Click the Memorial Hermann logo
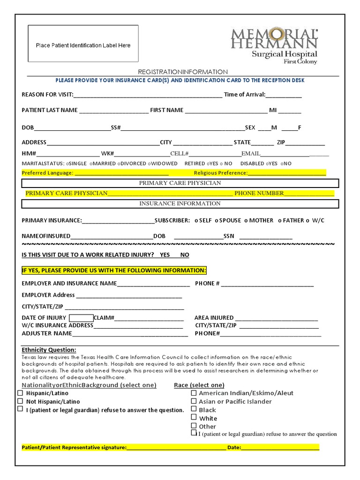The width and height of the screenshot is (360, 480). tap(274, 45)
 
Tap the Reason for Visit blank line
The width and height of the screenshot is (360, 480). tap(148, 95)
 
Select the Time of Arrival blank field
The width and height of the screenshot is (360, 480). tap(284, 95)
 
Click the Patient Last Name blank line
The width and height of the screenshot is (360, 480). tap(113, 111)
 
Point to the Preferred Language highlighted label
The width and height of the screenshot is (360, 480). tap(47, 173)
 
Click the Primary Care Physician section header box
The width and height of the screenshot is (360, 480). tap(180, 183)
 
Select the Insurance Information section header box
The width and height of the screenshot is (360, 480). tap(180, 203)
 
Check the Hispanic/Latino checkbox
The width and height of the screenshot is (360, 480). tap(20, 393)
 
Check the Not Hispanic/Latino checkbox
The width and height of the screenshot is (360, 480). tap(20, 401)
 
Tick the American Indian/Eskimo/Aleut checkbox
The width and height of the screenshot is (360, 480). tap(194, 393)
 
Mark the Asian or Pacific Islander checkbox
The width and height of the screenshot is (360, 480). tap(194, 401)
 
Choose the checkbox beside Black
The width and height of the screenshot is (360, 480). tap(194, 409)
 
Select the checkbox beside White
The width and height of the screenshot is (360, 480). tap(194, 417)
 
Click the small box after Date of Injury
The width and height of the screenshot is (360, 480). tap(81, 318)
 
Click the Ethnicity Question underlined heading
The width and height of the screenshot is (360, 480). tap(49, 350)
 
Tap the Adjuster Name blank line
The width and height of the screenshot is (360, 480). tap(130, 334)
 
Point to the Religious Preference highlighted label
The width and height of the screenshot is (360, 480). tap(220, 173)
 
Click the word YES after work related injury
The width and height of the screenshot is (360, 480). tap(165, 255)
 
